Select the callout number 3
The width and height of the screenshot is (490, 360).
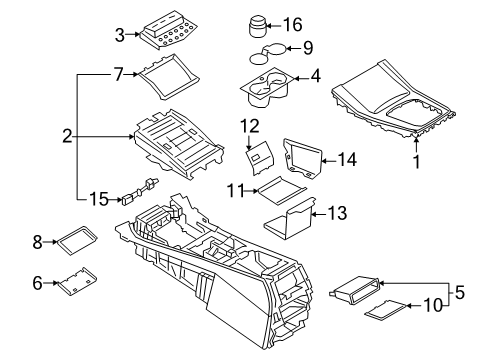coord(119,34)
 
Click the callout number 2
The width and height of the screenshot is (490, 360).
coord(67,134)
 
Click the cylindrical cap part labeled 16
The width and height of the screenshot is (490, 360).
coord(258,24)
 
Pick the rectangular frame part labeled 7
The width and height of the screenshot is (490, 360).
coord(162,74)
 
